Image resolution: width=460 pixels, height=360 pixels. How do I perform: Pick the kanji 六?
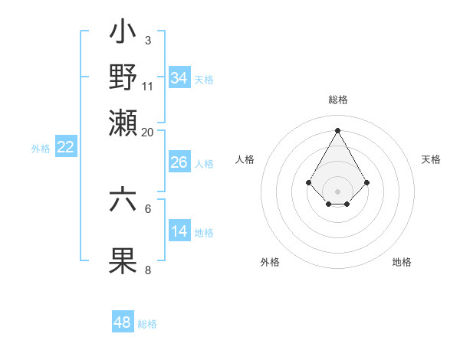[123, 201]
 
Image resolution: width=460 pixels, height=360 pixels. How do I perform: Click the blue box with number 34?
[179, 77]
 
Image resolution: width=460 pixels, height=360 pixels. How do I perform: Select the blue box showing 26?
[179, 162]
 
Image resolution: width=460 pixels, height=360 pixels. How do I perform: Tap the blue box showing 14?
[179, 231]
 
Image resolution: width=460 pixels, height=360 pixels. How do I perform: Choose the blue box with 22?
[65, 148]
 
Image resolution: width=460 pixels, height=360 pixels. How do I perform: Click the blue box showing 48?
[123, 322]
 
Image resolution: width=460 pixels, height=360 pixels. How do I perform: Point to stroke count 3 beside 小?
[147, 40]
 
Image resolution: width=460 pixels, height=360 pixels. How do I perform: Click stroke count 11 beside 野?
[148, 86]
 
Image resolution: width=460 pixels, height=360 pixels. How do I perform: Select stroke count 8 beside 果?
[147, 270]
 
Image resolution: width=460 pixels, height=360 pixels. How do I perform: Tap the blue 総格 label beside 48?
[147, 324]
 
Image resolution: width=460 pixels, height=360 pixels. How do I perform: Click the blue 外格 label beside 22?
[41, 149]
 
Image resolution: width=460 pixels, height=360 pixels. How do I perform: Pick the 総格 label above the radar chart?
[337, 100]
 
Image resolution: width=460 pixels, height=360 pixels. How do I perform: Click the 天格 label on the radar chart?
[431, 159]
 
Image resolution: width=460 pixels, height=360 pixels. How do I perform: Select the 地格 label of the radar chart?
[402, 262]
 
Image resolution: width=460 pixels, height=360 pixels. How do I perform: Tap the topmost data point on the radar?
[337, 129]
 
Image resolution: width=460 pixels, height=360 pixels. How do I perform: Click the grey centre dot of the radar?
[337, 191]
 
